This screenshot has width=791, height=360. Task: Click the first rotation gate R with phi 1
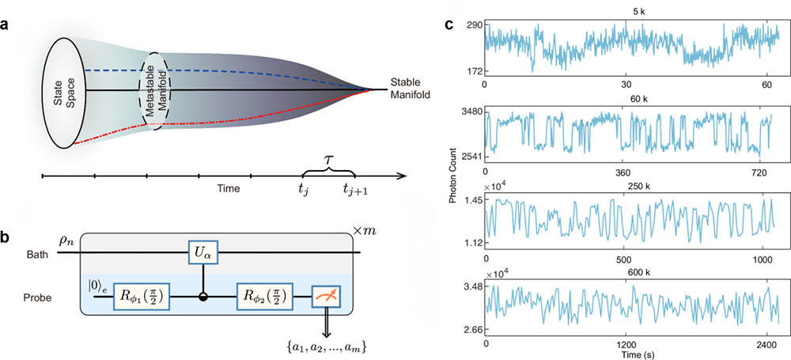click(127, 297)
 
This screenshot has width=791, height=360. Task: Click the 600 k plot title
click(631, 269)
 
